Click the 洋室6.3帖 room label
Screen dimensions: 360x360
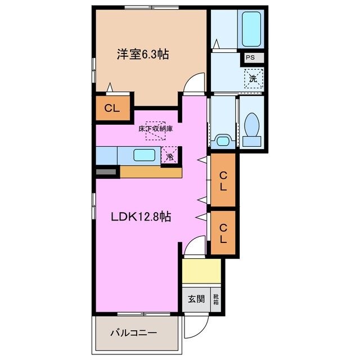pyautogui.click(x=143, y=55)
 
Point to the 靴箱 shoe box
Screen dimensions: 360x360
pyautogui.click(x=216, y=299)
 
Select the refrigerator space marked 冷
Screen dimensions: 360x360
pyautogui.click(x=169, y=155)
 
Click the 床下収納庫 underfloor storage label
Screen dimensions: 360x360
pyautogui.click(x=155, y=129)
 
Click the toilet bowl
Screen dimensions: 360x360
pyautogui.click(x=253, y=126)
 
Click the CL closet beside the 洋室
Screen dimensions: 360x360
pyautogui.click(x=112, y=109)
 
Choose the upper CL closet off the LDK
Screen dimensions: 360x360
pyautogui.click(x=223, y=180)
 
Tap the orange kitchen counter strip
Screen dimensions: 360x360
pyautogui.click(x=151, y=172)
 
